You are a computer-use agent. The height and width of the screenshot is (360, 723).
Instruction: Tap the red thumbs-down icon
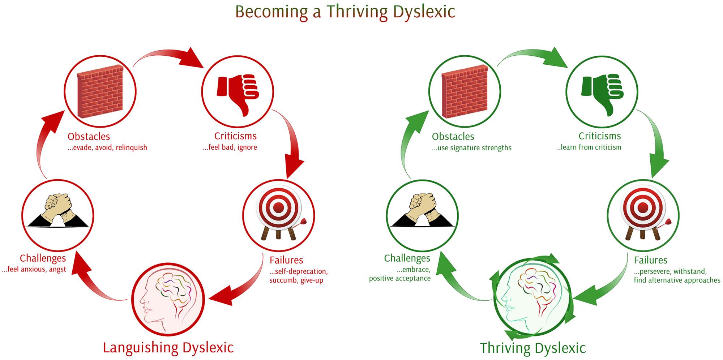click(x=238, y=95)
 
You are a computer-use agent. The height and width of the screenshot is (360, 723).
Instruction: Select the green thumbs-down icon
click(x=602, y=95)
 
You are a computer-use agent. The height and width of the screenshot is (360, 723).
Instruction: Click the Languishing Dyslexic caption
click(x=168, y=347)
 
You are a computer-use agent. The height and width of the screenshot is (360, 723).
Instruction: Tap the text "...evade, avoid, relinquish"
click(x=107, y=147)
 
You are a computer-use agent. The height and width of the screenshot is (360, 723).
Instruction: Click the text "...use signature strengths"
click(x=472, y=148)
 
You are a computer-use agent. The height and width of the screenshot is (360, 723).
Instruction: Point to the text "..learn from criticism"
click(x=589, y=147)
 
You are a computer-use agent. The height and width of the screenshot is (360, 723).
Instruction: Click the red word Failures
click(x=286, y=260)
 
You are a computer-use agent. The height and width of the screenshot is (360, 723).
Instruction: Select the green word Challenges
click(x=407, y=258)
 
